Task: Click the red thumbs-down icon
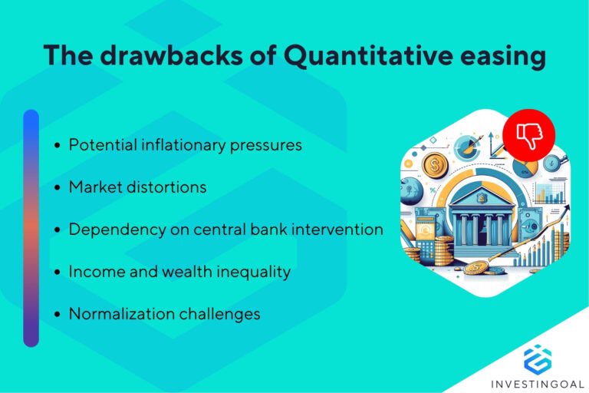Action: click(530, 135)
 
